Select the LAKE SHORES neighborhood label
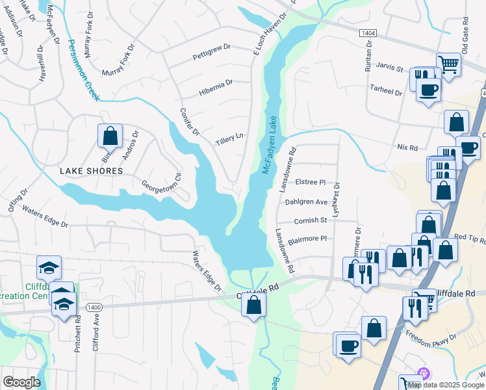click(x=91, y=171)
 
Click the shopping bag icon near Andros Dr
click(x=110, y=136)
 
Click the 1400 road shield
click(x=94, y=306)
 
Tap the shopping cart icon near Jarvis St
click(x=448, y=65)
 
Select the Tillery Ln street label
click(x=229, y=136)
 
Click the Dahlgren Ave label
click(x=306, y=202)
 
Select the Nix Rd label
click(x=407, y=148)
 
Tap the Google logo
click(x=21, y=382)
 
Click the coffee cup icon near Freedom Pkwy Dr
click(x=348, y=345)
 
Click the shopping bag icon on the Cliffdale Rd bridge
click(x=254, y=304)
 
